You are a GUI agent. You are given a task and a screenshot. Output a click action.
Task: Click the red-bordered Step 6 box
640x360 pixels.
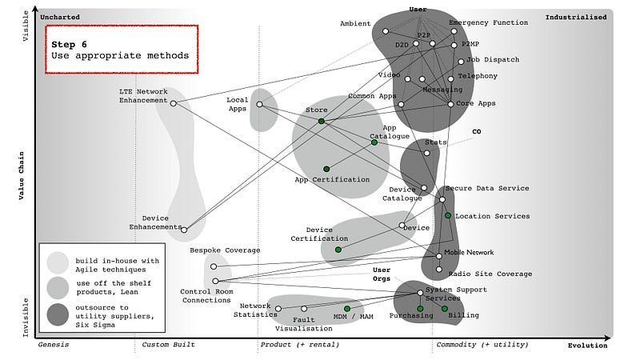pyautogui.click(x=121, y=49)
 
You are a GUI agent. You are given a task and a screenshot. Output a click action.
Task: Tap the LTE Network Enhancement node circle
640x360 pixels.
pyautogui.click(x=174, y=102)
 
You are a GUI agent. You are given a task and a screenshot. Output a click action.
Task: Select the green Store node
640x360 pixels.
pyautogui.click(x=321, y=121)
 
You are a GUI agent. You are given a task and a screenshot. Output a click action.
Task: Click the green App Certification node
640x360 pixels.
pyautogui.click(x=326, y=169)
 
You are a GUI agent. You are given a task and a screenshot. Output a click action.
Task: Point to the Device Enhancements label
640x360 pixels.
pyautogui.click(x=155, y=222)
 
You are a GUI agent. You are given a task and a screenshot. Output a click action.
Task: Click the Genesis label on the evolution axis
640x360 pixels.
pyautogui.click(x=54, y=345)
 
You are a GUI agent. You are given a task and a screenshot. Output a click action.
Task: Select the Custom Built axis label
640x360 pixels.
pyautogui.click(x=168, y=345)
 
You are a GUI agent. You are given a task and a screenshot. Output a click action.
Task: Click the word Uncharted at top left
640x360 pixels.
pyautogui.click(x=61, y=17)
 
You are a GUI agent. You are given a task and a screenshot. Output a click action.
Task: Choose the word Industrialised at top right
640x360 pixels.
pyautogui.click(x=576, y=17)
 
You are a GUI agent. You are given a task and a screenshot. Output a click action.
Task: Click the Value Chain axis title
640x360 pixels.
pyautogui.click(x=24, y=176)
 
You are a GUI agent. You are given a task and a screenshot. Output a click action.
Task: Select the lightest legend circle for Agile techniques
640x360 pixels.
pyautogui.click(x=58, y=262)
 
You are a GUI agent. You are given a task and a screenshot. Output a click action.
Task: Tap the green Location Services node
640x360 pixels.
pyautogui.click(x=448, y=216)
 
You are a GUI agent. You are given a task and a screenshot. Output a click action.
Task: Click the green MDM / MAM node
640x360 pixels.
pyautogui.click(x=347, y=309)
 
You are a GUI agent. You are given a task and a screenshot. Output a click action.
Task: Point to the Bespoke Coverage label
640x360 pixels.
pyautogui.click(x=225, y=250)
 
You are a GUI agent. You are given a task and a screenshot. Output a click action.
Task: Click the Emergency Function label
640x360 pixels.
pyautogui.click(x=488, y=23)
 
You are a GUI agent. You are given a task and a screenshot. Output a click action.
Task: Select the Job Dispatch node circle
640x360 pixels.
pyautogui.click(x=461, y=62)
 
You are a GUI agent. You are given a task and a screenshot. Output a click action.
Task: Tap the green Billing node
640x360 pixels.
pyautogui.click(x=445, y=309)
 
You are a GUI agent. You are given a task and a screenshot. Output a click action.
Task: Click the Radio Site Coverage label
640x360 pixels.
pyautogui.click(x=495, y=274)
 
